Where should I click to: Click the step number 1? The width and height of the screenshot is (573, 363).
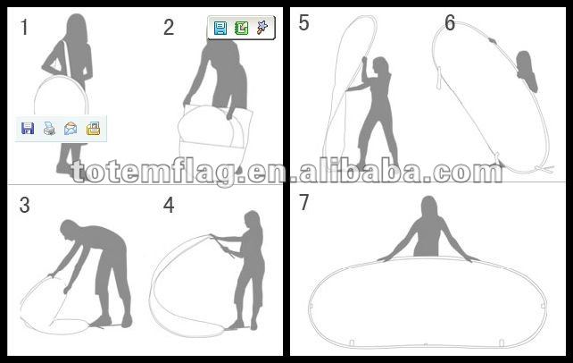pos(24,28)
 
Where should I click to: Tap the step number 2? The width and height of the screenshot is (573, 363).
pos(169,28)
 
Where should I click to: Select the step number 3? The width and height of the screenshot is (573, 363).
pos(24,205)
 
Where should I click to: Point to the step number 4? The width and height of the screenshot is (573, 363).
pos(169,205)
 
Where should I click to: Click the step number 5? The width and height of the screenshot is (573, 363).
pos(304,22)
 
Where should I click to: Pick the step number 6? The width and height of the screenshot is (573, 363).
pos(450,22)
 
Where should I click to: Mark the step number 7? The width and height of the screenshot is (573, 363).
pos(304,202)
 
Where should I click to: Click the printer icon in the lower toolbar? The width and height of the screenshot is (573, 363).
pos(49,129)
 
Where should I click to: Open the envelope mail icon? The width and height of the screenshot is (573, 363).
pos(71,129)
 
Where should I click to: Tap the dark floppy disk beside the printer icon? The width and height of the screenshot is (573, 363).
pos(28,129)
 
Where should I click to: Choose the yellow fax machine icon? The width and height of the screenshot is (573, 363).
pos(93,129)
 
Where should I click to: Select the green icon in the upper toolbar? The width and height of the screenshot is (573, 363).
pos(241,28)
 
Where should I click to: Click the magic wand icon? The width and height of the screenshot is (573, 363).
pos(262,28)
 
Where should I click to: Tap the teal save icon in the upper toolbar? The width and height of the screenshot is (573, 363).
pos(220,28)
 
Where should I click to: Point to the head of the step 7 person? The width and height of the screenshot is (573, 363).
pos(429,206)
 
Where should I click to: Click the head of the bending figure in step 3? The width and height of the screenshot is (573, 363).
pos(70,229)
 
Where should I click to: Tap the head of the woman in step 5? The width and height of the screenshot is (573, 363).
pos(381,66)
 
